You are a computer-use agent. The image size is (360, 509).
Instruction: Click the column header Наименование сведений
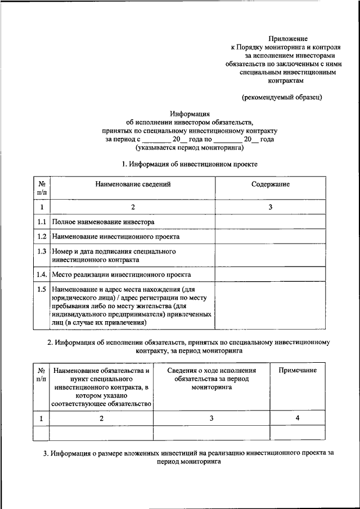[x=133, y=184]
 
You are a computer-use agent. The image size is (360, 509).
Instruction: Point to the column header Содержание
[x=271, y=184]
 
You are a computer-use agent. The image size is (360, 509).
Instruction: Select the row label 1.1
[x=41, y=222]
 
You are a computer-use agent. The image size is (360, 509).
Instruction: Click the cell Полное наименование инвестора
[x=103, y=222]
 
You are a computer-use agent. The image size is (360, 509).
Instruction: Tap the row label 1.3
[x=41, y=251]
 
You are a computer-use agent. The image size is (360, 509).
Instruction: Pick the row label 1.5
[x=41, y=289]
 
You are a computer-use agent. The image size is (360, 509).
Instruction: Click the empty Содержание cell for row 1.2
[x=270, y=237]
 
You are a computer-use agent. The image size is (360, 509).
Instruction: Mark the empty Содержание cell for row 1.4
[x=270, y=274]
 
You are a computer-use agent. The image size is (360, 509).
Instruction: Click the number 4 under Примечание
[x=298, y=418]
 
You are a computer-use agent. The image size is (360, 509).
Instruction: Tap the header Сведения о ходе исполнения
[x=211, y=371]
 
